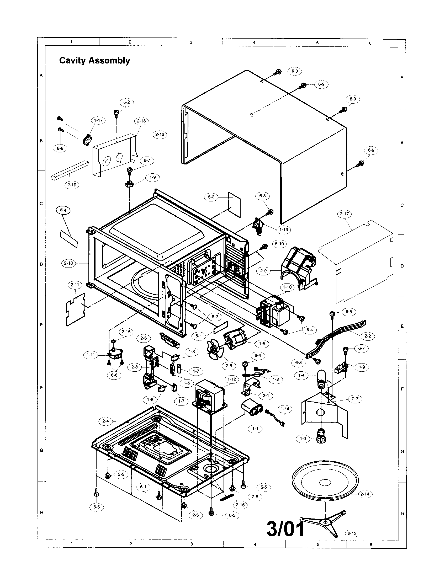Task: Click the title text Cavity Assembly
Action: click(94, 61)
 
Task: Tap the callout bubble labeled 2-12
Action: click(160, 134)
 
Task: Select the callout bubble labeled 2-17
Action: click(345, 214)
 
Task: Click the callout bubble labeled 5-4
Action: click(63, 210)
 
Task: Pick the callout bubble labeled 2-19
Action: click(72, 185)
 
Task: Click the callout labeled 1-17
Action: click(98, 120)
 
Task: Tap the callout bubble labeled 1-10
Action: click(287, 287)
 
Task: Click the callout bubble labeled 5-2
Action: click(211, 197)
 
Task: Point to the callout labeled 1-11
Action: click(91, 355)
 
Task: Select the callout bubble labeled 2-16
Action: click(240, 505)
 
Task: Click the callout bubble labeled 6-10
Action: click(279, 244)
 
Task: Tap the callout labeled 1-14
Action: click(285, 409)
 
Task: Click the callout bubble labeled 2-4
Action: click(105, 421)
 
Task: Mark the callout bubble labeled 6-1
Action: click(143, 487)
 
